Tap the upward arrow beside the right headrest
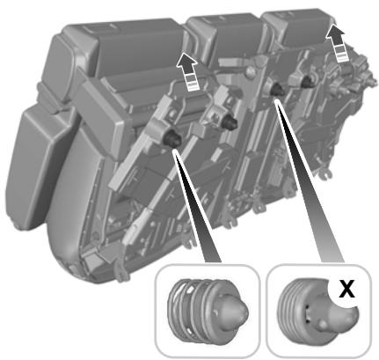336,39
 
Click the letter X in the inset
346,288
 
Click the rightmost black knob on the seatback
307,79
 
